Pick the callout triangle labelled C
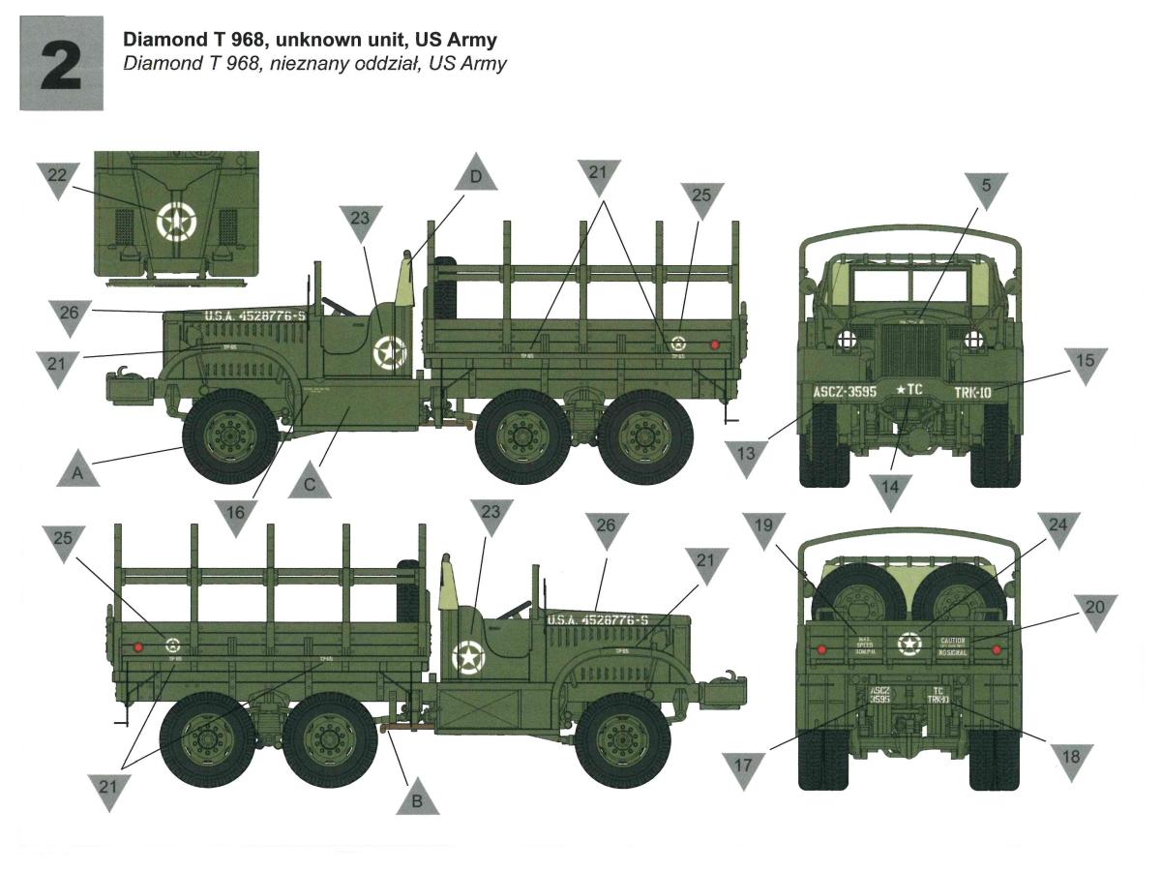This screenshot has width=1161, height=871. click(x=310, y=483)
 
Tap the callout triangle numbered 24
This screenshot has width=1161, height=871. click(x=1059, y=528)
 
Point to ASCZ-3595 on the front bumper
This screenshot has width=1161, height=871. click(x=837, y=393)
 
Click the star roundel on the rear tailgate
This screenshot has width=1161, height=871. click(x=908, y=644)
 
